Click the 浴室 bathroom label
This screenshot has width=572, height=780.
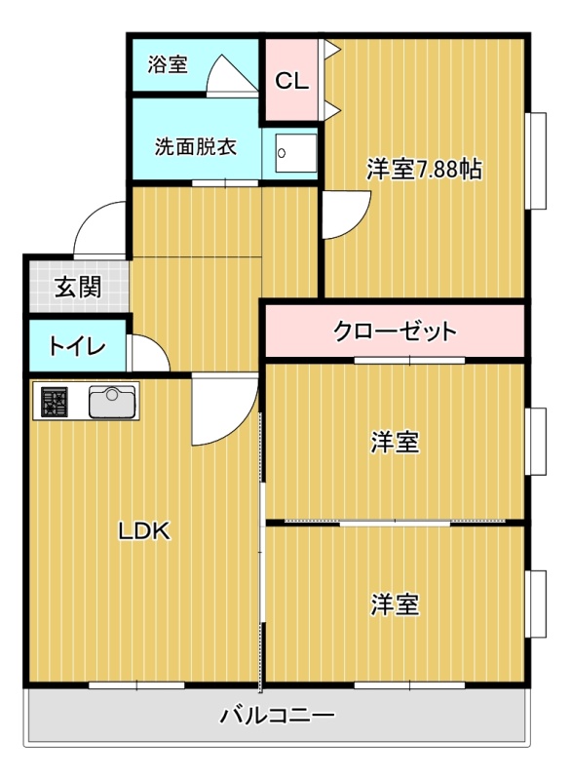click(167, 64)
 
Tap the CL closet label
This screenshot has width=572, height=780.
click(291, 81)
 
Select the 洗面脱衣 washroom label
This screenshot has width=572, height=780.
click(195, 147)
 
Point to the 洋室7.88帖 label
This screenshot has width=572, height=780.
click(424, 169)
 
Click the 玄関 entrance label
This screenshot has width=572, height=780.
click(78, 287)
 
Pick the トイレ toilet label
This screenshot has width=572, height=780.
click(77, 347)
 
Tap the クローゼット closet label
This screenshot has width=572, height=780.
click(395, 331)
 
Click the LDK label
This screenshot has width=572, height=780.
click(144, 531)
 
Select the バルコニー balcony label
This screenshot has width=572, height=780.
click(278, 717)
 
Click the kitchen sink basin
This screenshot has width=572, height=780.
click(112, 402)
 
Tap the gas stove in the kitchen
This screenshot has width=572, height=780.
click(55, 402)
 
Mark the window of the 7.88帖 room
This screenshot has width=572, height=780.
click(536, 161)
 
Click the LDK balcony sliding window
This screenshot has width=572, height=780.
click(136, 685)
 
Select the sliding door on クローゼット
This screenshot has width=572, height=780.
click(409, 360)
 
